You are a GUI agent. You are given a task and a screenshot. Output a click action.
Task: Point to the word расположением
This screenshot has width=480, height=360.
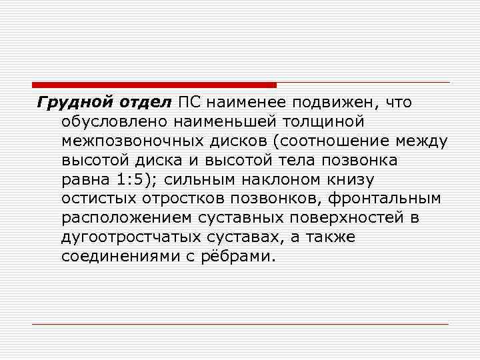click(x=118, y=219)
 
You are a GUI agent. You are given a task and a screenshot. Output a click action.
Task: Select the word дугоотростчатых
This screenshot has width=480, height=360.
click(x=126, y=238)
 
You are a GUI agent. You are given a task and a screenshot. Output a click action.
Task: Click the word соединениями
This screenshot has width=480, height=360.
click(x=116, y=257)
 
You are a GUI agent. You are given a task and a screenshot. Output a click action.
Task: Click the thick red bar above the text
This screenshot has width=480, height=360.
click(x=154, y=85)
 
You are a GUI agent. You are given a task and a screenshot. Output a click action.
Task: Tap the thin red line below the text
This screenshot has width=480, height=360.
click(x=240, y=324)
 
